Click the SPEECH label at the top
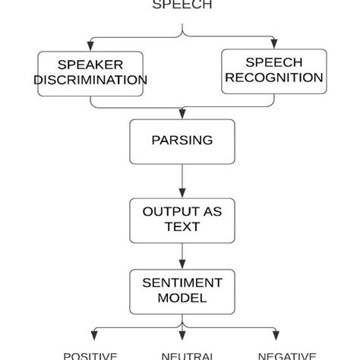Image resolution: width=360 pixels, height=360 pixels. pos(182,5)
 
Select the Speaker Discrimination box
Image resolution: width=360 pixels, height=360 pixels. pos(90,73)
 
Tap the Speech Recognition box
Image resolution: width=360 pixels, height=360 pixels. pos(273,71)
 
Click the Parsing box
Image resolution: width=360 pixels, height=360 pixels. pos(182,141)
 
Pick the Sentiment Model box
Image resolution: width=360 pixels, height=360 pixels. pos(182,290)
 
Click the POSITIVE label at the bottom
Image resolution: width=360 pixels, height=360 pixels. pos(90,355)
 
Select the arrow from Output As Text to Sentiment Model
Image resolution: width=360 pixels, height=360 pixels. pos(182,254)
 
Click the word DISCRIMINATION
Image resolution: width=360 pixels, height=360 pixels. pos(90,81)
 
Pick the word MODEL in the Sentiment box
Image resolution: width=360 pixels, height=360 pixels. pos(182,298)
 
